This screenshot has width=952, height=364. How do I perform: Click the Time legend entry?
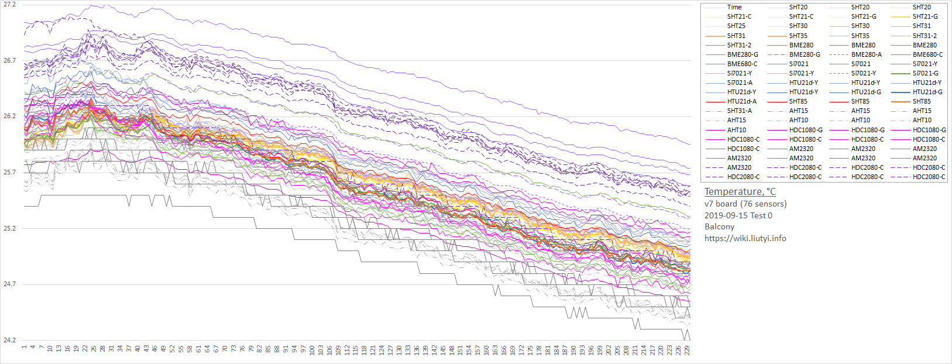(734, 7)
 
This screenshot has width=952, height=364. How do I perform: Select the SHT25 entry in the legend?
(736, 26)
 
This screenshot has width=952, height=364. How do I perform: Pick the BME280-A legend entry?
(866, 54)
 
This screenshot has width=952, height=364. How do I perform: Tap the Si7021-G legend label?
(925, 73)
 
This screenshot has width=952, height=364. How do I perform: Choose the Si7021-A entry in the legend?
(740, 83)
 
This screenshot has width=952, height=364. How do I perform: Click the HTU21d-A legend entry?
(741, 101)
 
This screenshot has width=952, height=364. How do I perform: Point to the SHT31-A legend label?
(739, 111)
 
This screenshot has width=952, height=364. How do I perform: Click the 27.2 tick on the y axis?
(9, 5)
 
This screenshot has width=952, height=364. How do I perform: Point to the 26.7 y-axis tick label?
(9, 60)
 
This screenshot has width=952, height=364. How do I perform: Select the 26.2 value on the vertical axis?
(9, 116)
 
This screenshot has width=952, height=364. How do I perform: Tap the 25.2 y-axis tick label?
(9, 228)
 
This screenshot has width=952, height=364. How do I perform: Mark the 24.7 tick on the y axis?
(9, 284)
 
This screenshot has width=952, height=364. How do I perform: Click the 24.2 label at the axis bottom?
(9, 340)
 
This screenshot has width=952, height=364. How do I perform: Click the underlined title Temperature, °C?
(740, 191)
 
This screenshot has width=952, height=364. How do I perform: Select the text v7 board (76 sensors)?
(745, 204)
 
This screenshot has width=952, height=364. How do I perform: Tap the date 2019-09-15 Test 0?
(738, 215)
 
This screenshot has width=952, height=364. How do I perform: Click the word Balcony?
(719, 226)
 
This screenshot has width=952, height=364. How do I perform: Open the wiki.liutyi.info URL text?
(745, 238)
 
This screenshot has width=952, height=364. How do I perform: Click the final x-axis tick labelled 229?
(688, 349)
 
